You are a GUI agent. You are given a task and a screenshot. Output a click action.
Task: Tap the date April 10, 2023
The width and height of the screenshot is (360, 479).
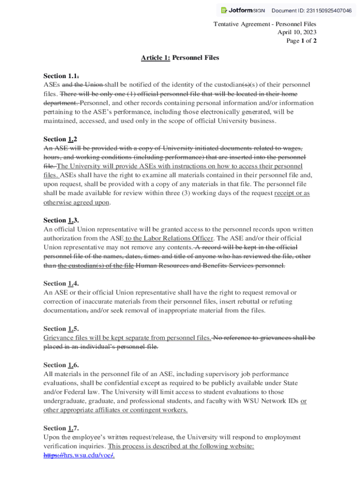point(297,32)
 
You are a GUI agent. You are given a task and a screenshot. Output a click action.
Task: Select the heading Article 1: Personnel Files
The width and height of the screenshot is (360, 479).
point(180,58)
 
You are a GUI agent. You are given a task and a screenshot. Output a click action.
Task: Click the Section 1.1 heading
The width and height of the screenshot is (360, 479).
point(61,76)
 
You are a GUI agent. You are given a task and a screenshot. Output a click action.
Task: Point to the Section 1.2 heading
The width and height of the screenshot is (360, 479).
point(60,139)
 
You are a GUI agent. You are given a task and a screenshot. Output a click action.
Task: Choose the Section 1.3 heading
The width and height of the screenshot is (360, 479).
point(61,220)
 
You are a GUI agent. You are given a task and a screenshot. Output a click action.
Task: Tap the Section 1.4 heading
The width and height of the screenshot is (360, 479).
point(61,283)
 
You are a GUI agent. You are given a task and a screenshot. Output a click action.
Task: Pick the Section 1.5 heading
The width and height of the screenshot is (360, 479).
point(61,329)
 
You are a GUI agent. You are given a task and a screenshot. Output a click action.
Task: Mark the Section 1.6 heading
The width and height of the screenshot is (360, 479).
point(61,365)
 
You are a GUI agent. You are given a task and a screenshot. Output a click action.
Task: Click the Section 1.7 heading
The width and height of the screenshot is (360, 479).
point(61,428)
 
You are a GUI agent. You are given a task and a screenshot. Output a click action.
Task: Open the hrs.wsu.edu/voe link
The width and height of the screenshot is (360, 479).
point(79,455)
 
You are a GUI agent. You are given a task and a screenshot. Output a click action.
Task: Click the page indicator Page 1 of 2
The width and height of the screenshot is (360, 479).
point(302,41)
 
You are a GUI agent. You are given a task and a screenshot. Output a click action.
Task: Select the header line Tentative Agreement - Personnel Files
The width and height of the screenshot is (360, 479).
point(265,24)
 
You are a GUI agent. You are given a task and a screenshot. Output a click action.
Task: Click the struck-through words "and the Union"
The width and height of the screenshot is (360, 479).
point(83,85)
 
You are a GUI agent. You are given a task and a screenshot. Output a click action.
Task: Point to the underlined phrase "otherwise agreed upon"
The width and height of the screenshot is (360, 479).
point(77,203)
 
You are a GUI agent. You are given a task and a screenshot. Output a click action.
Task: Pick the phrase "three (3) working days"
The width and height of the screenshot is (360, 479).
point(188,193)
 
